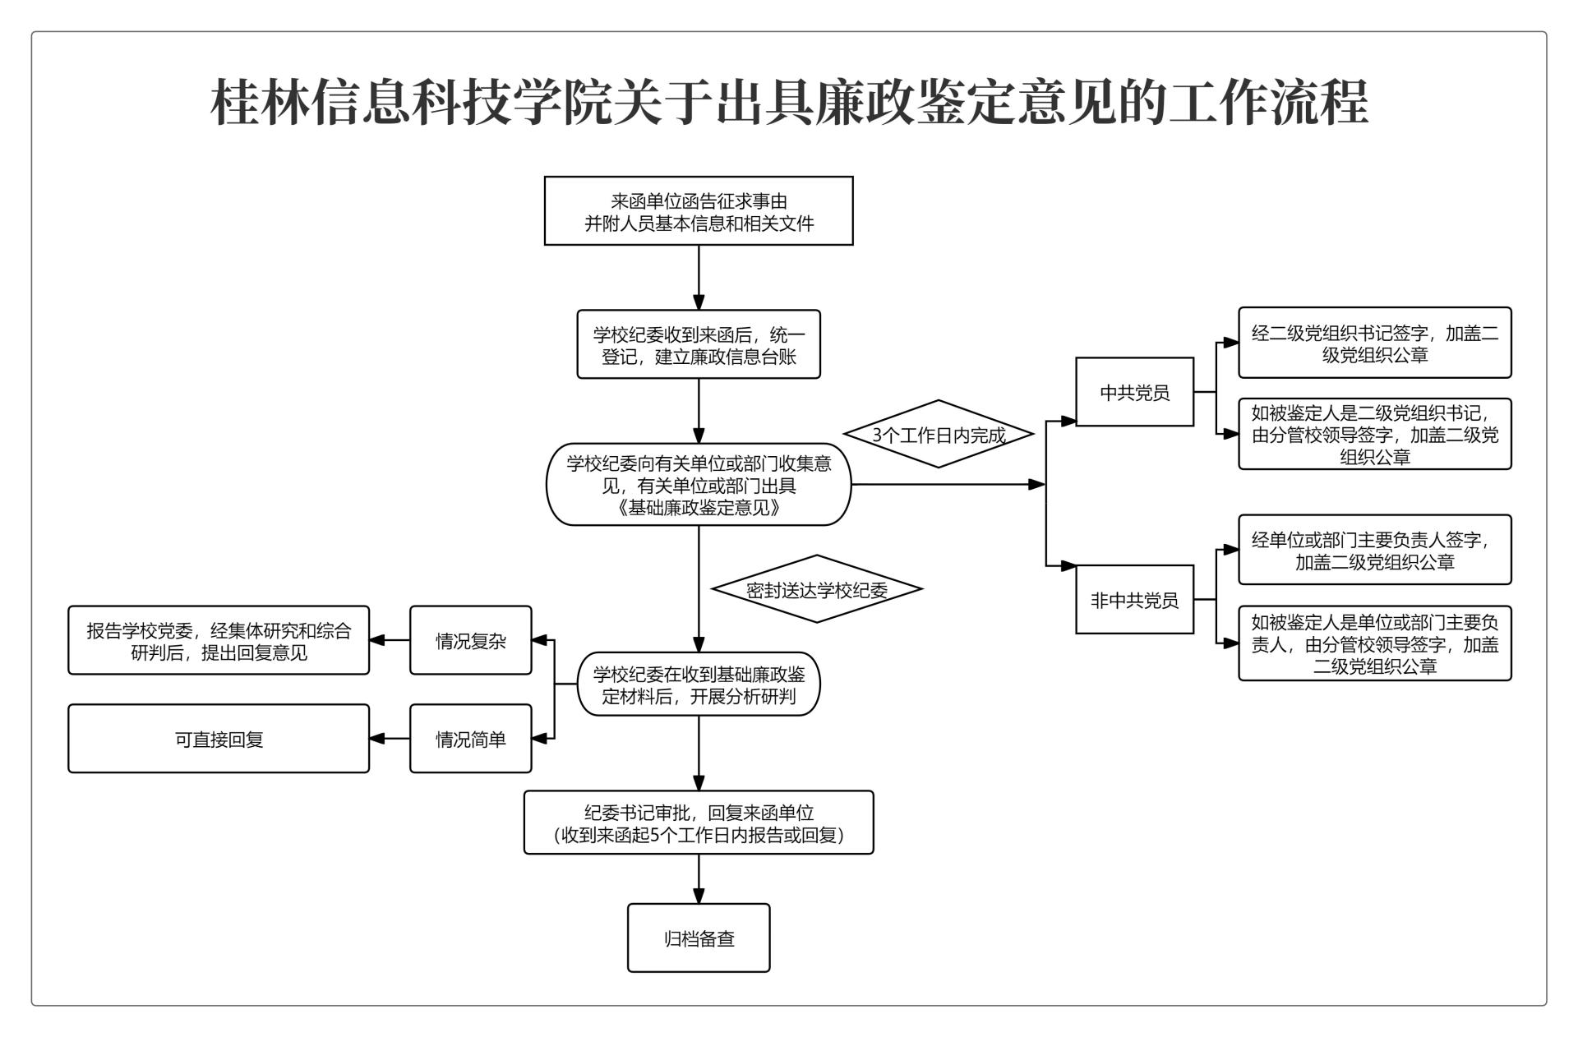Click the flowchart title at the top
pos(789,103)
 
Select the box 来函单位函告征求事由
pos(699,211)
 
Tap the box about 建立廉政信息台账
pos(699,344)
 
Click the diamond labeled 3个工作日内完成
pos(939,435)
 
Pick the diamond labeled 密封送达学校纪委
pos(816,589)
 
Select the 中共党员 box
pos(1134,392)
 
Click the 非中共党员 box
pos(1134,600)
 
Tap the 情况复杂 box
pos(471,641)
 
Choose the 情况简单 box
pos(471,739)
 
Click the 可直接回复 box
pos(219,739)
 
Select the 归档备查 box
pos(699,938)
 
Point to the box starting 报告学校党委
pos(219,641)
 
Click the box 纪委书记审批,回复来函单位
pos(699,823)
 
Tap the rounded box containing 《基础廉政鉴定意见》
pos(699,485)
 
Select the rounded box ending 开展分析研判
pos(699,684)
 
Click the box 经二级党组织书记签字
pos(1374,343)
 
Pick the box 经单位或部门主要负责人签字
pos(1374,551)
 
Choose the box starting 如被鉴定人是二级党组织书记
pos(1374,434)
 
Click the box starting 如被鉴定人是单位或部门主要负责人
pos(1374,643)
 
